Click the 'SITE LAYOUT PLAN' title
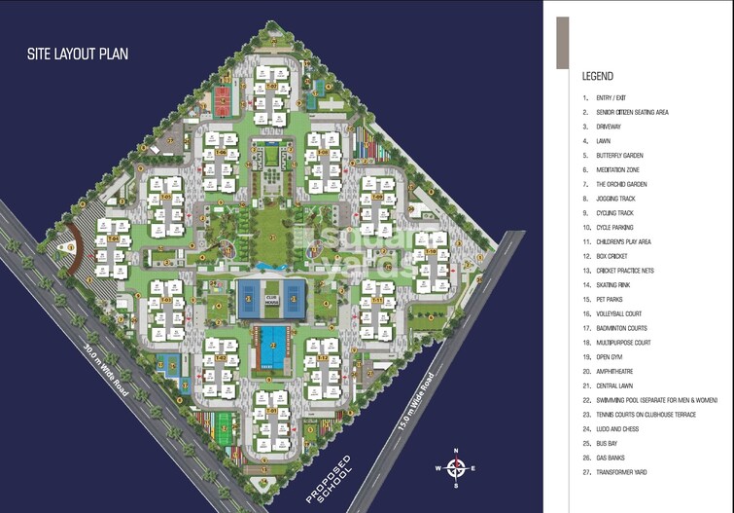(x=78, y=55)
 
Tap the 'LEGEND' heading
(x=597, y=76)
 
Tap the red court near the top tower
(x=224, y=97)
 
